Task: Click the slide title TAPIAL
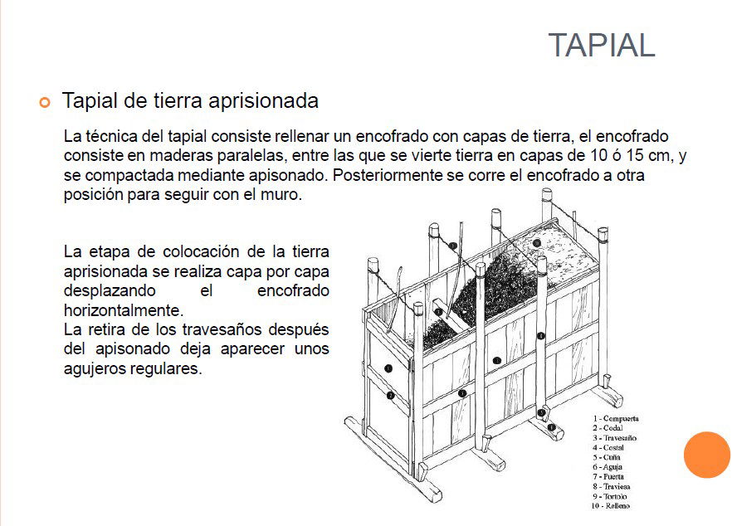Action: [x=601, y=46]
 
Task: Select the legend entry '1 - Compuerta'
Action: [x=616, y=419]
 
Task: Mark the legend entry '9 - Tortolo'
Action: [x=610, y=496]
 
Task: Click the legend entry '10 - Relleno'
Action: [x=612, y=506]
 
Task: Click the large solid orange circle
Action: [x=706, y=455]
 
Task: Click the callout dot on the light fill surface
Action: [x=537, y=243]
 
